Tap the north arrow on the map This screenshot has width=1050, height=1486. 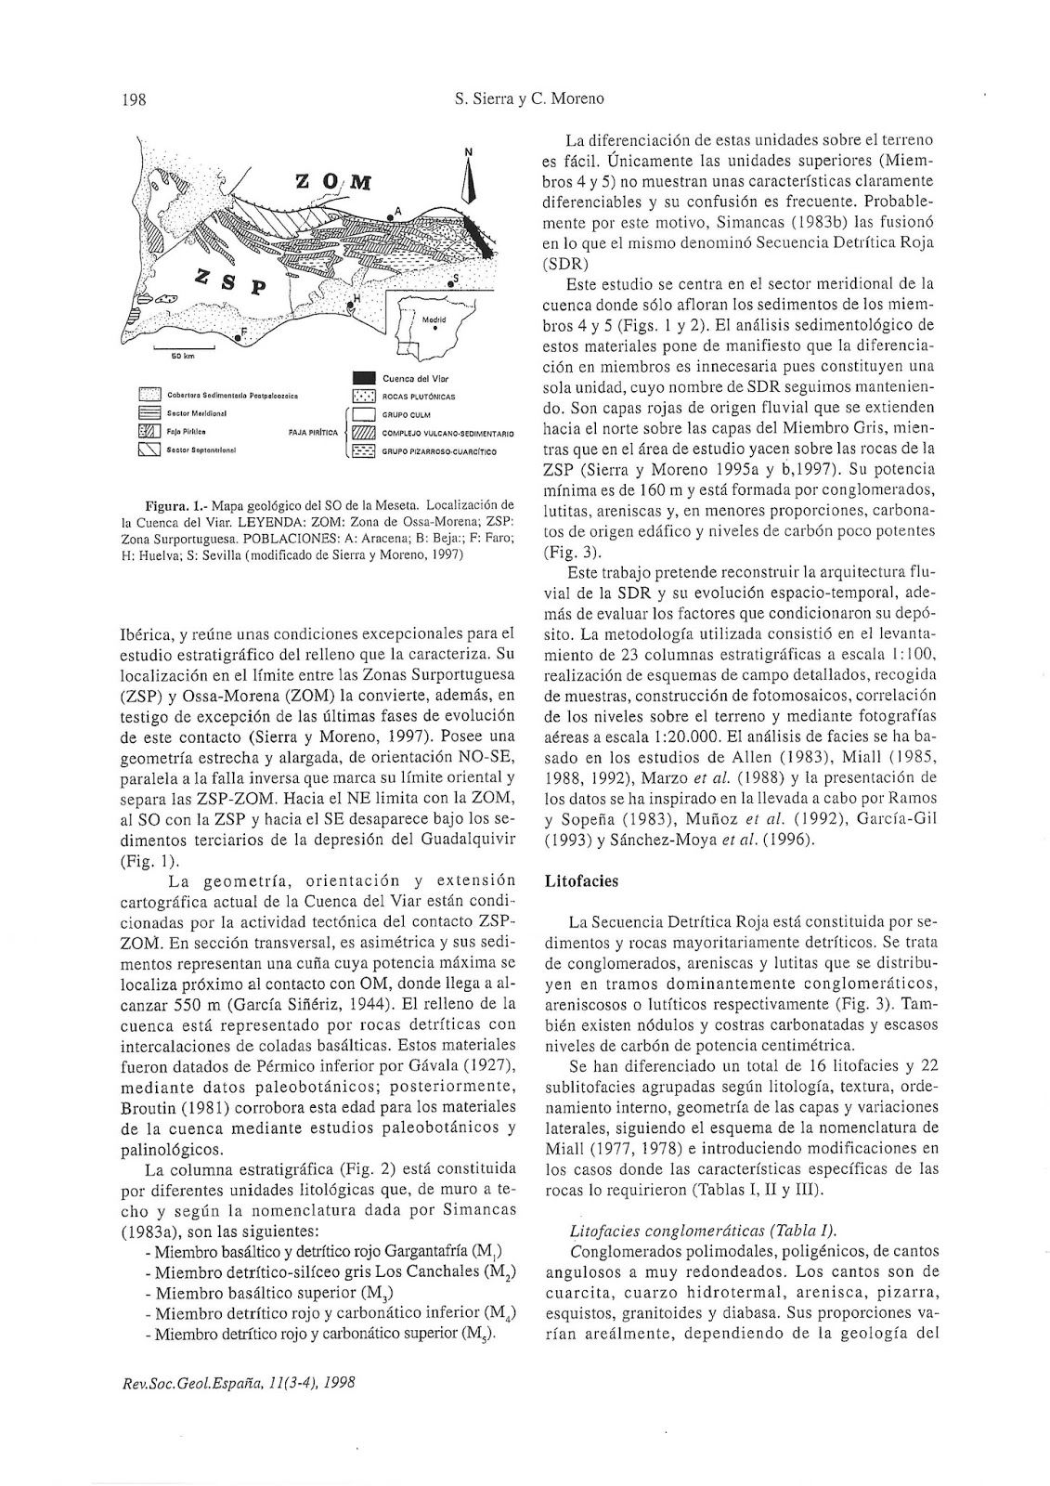click(x=469, y=176)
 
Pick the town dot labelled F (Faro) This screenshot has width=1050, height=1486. click(x=239, y=339)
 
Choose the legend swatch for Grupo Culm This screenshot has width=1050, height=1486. click(x=364, y=414)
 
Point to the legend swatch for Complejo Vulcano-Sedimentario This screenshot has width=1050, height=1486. click(x=364, y=433)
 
